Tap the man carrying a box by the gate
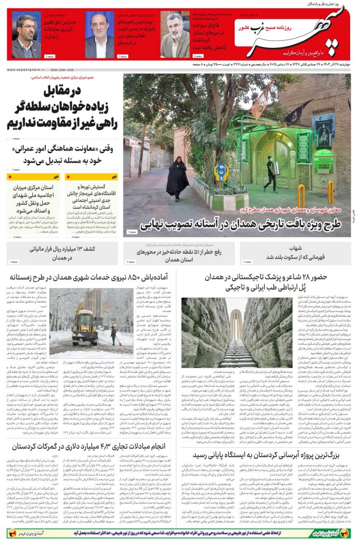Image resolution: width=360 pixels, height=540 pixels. [270, 174]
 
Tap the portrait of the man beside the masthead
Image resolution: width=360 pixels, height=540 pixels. [175, 35]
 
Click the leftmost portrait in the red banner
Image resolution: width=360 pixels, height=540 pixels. [26, 35]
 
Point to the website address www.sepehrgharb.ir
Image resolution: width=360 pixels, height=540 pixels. [26, 69]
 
